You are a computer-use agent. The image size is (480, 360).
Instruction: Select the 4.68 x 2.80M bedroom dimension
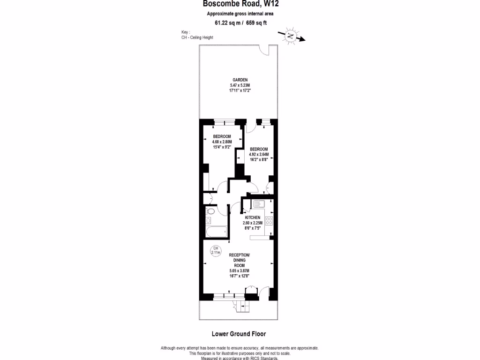222,142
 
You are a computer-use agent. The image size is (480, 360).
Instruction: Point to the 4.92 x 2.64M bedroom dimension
258,154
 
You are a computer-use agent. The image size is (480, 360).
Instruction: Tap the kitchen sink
258,204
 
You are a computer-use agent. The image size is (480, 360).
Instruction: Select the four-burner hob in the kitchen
269,220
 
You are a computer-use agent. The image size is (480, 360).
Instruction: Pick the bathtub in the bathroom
216,231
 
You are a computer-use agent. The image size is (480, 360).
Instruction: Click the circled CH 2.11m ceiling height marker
216,250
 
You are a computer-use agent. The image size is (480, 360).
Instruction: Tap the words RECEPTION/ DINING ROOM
239,260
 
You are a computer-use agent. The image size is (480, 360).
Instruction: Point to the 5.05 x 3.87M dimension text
239,271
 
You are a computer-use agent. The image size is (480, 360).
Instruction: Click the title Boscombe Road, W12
237,4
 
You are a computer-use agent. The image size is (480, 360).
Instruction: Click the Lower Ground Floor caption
239,334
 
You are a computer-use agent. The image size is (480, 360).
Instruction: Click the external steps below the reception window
243,307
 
